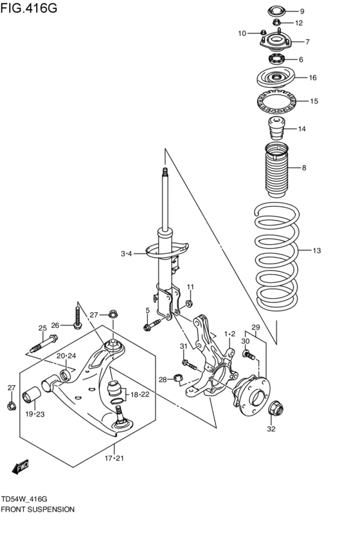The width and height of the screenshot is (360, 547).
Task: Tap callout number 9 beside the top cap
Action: click(x=302, y=12)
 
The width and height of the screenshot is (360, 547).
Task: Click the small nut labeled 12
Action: click(x=276, y=24)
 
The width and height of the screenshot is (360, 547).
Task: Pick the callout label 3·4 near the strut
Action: click(x=126, y=254)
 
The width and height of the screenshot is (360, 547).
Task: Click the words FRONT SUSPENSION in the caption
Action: click(x=38, y=508)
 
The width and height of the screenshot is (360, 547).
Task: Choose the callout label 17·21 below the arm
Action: click(x=114, y=458)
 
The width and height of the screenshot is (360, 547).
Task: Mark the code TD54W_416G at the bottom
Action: click(x=27, y=498)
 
